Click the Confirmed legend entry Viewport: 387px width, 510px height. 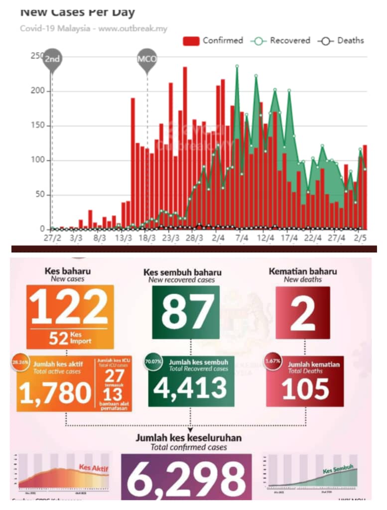[213, 41]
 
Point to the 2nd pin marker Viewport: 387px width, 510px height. [52, 59]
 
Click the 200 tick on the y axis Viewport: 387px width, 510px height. [38, 91]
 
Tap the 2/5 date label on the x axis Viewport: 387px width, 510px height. [361, 238]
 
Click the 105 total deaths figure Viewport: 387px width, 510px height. [305, 389]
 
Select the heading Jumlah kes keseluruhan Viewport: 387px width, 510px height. [189, 438]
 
